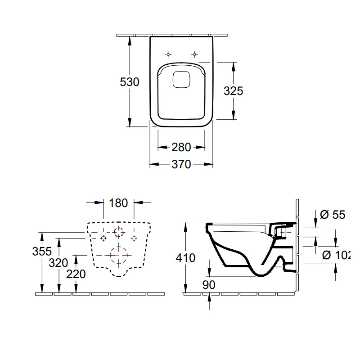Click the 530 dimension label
(x=130, y=82)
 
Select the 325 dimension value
(x=234, y=91)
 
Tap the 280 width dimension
(x=181, y=147)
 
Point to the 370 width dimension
(x=181, y=165)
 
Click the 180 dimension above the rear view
(x=118, y=203)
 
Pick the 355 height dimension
(x=42, y=251)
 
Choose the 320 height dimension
(x=59, y=263)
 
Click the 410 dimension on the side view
(x=186, y=258)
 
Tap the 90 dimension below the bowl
(x=209, y=285)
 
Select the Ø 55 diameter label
(x=333, y=215)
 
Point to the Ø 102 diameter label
(x=337, y=255)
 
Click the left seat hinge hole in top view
(x=168, y=54)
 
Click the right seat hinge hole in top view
(x=194, y=54)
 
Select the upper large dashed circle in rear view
(x=119, y=232)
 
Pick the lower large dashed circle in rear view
(x=119, y=255)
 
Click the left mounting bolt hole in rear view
(x=103, y=237)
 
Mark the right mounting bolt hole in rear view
(x=134, y=237)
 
